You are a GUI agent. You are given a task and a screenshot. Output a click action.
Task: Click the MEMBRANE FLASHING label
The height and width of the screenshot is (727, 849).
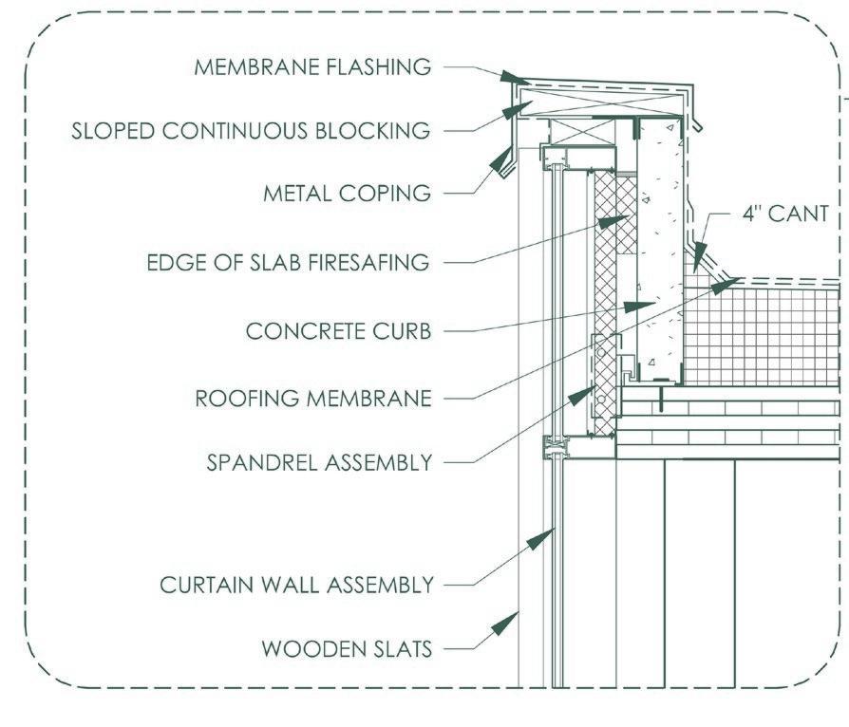(312, 67)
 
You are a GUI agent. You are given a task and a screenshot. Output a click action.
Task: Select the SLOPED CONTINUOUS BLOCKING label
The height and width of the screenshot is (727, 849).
(251, 130)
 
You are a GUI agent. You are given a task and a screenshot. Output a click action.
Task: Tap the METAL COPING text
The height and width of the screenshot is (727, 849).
(347, 194)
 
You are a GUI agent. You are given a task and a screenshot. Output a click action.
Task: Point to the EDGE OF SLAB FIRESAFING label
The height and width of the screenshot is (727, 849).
(288, 262)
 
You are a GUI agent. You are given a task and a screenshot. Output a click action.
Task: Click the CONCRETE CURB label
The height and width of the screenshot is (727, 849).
(338, 331)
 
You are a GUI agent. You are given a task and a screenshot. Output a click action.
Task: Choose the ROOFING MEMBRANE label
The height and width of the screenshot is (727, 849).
(313, 398)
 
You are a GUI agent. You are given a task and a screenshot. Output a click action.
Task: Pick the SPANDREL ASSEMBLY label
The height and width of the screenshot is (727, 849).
(320, 463)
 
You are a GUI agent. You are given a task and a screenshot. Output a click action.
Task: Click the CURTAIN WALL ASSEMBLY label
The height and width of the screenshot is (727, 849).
(296, 584)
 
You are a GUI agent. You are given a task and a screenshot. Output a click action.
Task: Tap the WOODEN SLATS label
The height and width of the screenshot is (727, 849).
(347, 649)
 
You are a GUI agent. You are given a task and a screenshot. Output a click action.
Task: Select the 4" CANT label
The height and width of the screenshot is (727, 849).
(784, 214)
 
